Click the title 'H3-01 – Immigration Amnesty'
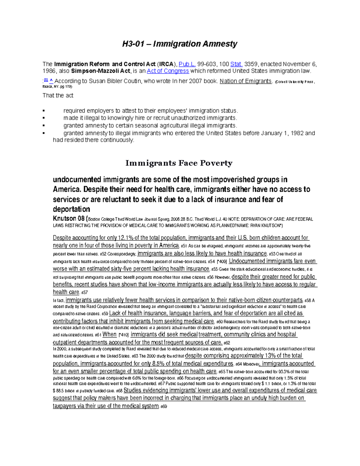(179, 44)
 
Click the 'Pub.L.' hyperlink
(187, 64)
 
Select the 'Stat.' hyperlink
(236, 64)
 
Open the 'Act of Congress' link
(168, 71)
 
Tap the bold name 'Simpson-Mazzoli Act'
(100, 71)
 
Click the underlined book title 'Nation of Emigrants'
(246, 81)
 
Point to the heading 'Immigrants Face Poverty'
(179, 163)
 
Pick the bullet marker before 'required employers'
(44, 111)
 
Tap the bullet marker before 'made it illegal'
(44, 118)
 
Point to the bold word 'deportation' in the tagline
(71, 209)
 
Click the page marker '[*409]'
(221, 261)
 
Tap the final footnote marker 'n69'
(163, 407)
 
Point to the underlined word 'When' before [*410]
(109, 335)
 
